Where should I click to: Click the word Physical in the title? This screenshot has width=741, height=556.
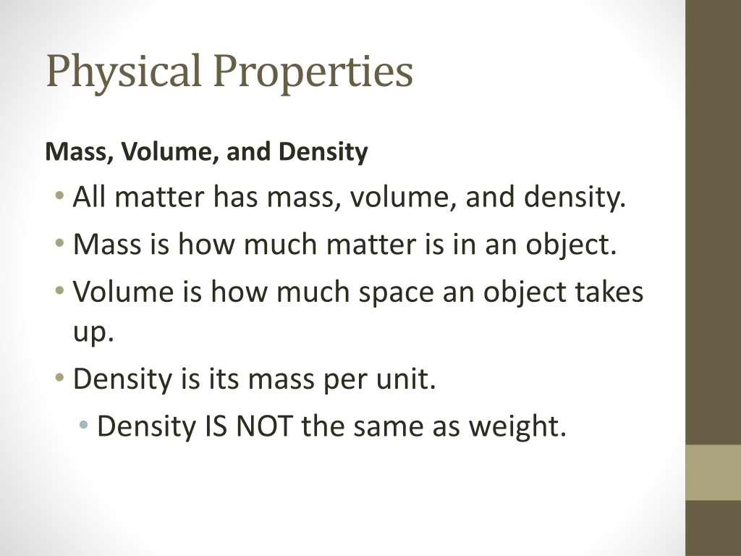tap(124, 72)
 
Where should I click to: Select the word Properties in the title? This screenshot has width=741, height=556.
tap(313, 72)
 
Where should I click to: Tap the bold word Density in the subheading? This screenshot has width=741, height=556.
tap(323, 152)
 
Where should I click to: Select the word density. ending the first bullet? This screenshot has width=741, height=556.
tap(575, 198)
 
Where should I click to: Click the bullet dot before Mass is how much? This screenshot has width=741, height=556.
tap(59, 244)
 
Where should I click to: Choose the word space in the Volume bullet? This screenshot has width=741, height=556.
tap(396, 293)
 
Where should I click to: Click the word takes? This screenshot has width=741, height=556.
tap(609, 292)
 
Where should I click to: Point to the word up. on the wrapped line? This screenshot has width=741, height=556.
tap(93, 332)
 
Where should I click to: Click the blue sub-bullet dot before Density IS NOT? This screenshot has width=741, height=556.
tap(84, 424)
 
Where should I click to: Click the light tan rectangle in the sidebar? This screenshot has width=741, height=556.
tap(713, 472)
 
